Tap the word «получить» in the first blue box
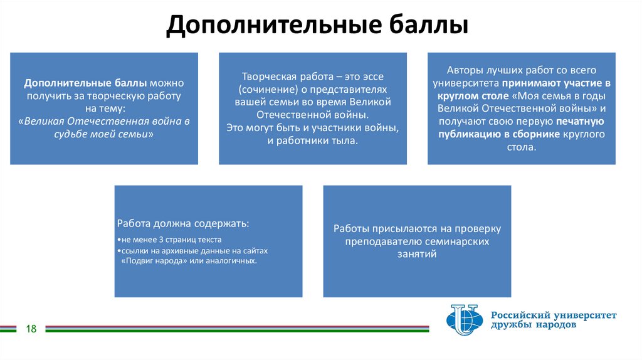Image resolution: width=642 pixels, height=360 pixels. click(46, 96)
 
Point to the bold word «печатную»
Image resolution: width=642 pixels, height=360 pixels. click(580, 121)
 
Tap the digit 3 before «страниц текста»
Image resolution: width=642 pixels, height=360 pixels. click(160, 240)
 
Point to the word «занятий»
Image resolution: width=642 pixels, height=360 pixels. click(417, 254)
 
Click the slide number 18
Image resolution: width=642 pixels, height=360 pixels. click(31, 329)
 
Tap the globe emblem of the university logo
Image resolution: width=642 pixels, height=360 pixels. click(464, 320)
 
